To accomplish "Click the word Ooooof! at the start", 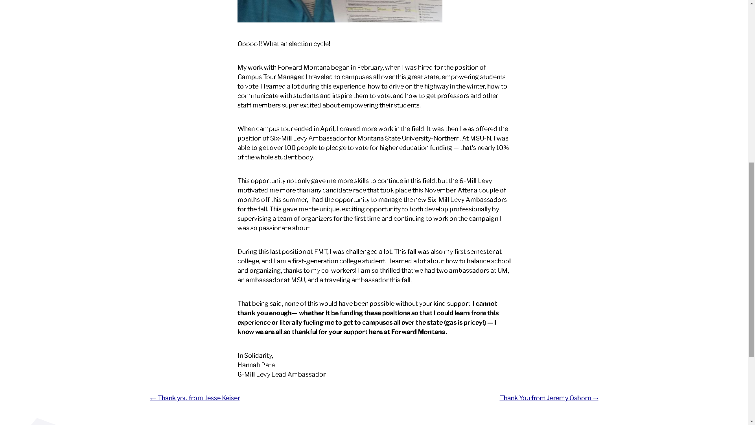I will (x=249, y=44).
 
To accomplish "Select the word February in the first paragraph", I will (x=370, y=68).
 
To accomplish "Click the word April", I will (x=327, y=129).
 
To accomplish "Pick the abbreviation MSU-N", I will (x=481, y=139).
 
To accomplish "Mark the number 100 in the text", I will (x=290, y=148).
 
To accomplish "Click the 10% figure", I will (x=502, y=148).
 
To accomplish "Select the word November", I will (x=440, y=190).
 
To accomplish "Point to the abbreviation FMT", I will (x=320, y=252).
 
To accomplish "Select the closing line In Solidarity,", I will (x=255, y=356).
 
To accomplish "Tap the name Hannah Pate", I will (x=256, y=365).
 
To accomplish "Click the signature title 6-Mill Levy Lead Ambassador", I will (x=281, y=375).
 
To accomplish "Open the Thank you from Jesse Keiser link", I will (x=195, y=398).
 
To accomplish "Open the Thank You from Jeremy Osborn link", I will (x=549, y=398).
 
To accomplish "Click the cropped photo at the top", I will (x=340, y=11).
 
